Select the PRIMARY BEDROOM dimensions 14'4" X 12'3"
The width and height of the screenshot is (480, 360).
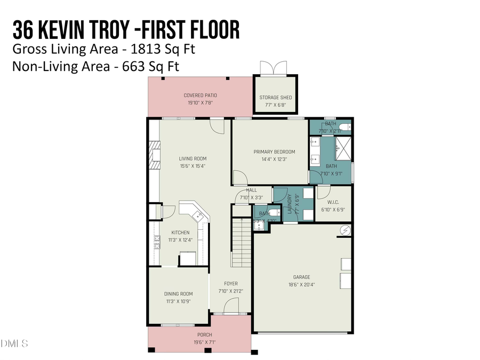(x=274, y=158)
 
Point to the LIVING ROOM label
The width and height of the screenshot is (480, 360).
(x=192, y=158)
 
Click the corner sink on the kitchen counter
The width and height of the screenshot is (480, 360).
(x=198, y=215)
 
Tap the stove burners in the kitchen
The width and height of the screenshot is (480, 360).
(x=157, y=243)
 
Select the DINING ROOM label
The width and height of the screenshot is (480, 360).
(x=179, y=294)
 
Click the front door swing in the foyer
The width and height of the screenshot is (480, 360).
(x=230, y=306)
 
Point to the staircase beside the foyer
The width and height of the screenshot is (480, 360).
(x=241, y=243)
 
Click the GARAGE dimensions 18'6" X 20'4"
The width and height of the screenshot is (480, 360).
(x=301, y=284)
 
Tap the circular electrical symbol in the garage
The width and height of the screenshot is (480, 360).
(x=346, y=230)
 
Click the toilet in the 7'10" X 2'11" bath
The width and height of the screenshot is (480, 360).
(x=345, y=127)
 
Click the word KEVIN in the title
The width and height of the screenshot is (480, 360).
(x=82, y=30)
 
